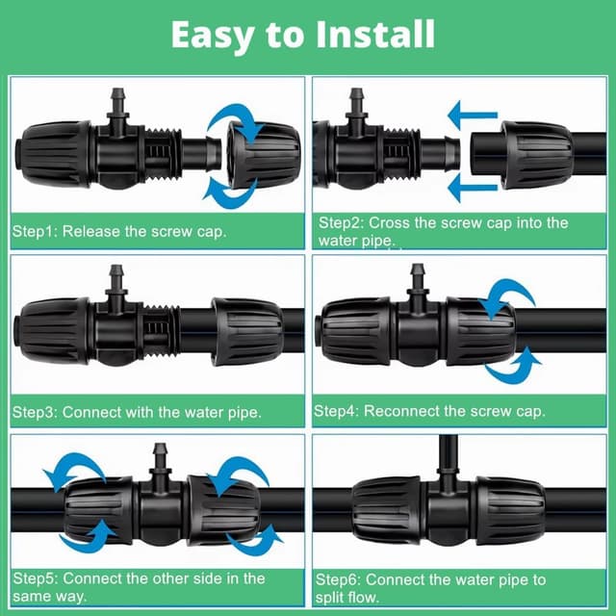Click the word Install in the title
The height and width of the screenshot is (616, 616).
pos(375,35)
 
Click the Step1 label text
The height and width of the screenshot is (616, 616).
pos(36,231)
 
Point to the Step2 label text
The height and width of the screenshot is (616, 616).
pos(341,222)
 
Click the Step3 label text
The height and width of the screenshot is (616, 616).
pos(36,412)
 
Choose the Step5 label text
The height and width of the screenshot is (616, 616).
pos(36,578)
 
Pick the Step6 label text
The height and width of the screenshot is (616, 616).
pos(338,579)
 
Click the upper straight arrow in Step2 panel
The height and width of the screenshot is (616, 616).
pos(473,115)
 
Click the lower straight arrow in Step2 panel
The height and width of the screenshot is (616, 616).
pos(473,188)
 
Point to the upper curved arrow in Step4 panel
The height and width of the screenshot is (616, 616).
pos(507,293)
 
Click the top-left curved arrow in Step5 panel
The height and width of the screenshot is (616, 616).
pos(73,468)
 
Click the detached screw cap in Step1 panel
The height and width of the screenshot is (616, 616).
pos(264,155)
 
